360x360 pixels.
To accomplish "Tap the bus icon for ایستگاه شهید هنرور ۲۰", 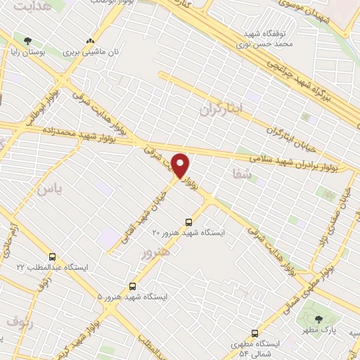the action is (188, 221).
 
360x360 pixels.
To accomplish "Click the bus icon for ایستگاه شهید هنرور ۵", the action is (133, 286).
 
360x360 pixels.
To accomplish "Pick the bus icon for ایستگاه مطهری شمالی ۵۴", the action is (255, 333).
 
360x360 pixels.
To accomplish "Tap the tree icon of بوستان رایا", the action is (27, 41).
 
